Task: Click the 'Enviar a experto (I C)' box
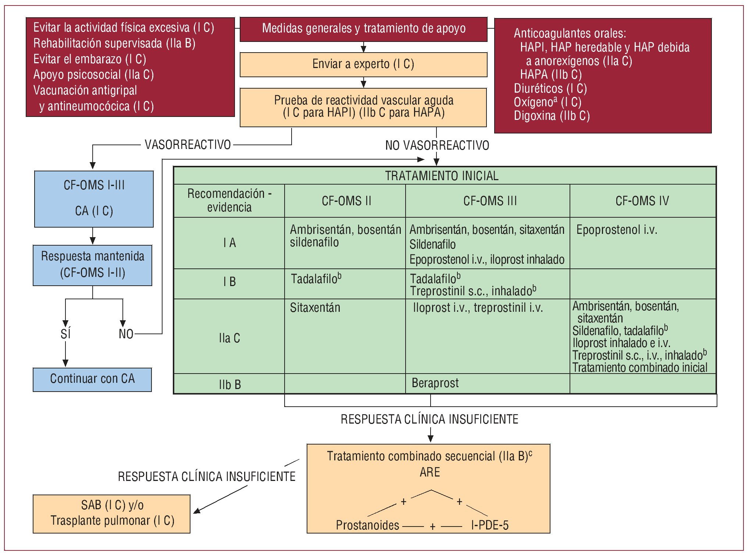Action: point(363,64)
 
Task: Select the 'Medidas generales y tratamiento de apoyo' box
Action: point(363,29)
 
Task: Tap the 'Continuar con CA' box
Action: point(92,379)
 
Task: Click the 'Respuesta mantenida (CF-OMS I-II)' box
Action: point(92,265)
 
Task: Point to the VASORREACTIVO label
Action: point(188,145)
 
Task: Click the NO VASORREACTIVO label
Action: point(437,146)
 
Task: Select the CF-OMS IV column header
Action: point(642,201)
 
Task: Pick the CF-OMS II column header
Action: point(346,201)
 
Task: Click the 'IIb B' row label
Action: point(229,385)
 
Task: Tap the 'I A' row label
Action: point(229,243)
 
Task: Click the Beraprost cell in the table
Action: point(435,383)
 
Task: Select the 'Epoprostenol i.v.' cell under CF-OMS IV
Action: point(616,230)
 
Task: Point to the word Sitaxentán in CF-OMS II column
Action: point(315,308)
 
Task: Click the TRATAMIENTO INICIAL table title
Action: point(441,176)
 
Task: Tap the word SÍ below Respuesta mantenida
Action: point(65,334)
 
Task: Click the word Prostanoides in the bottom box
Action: point(367,525)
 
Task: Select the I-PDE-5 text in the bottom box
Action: point(490,525)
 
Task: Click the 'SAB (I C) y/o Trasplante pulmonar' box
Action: point(112,513)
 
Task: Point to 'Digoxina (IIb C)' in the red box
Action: point(552,116)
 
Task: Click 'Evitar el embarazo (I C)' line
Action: point(90,59)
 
